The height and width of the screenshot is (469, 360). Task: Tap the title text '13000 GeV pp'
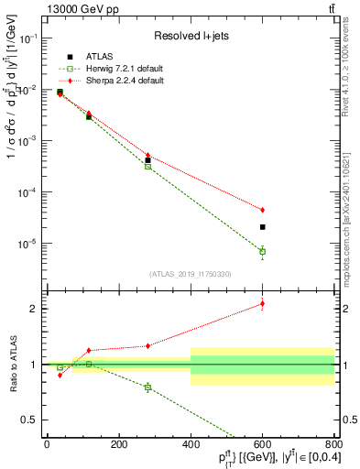coord(76,9)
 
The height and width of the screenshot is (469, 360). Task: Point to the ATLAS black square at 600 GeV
coord(262,226)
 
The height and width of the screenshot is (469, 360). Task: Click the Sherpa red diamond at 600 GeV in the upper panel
coord(262,210)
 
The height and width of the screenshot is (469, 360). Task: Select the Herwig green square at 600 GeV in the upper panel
coord(262,251)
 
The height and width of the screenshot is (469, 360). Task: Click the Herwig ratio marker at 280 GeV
coord(147,387)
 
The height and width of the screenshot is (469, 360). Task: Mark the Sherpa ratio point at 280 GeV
coord(147,345)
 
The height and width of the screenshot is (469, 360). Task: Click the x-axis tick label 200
coord(118,444)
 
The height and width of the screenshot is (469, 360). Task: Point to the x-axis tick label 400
coord(191,444)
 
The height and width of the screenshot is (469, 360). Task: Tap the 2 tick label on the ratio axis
coord(36,309)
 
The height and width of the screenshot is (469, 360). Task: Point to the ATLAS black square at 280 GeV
coord(147,159)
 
